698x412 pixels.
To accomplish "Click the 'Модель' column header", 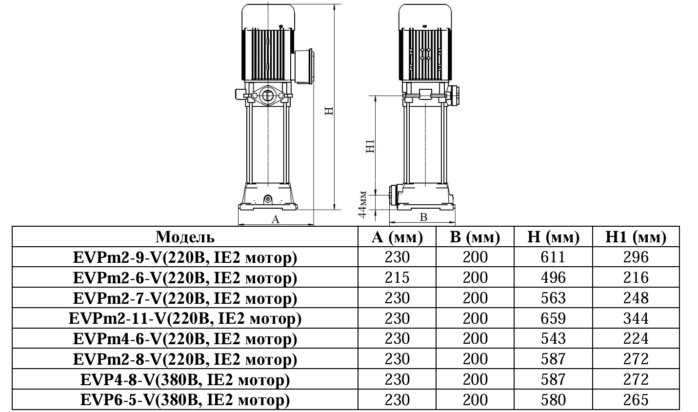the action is point(185,237).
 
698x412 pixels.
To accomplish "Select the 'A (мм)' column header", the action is point(398,237).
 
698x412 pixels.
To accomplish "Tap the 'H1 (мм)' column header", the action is point(636,237).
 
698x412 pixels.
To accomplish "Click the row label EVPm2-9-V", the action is point(185,257).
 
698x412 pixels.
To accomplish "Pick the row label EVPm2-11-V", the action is point(185,318).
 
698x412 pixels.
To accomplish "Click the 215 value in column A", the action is point(398,277).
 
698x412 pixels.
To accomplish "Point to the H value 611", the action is point(553,257).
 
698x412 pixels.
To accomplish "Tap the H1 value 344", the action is point(636,318).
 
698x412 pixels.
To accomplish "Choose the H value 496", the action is point(553,277).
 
